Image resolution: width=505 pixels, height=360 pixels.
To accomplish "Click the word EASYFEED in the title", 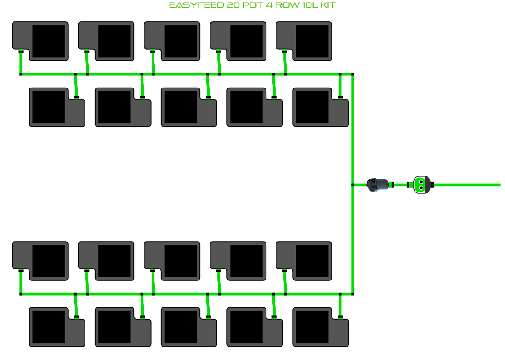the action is (197, 5).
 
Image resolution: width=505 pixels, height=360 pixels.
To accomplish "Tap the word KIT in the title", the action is (328, 5).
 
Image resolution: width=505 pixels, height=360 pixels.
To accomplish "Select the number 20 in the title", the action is (233, 5).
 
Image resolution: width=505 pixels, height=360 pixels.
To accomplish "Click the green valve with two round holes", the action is (421, 185).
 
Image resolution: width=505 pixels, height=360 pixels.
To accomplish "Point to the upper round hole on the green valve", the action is (421, 182).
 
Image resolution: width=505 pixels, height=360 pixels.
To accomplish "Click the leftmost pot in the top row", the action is (40, 41).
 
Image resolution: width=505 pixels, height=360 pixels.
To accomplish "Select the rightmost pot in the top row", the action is (304, 41).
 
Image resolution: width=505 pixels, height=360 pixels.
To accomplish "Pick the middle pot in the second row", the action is (189, 107).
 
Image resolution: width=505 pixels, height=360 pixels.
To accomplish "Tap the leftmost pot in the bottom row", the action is (57, 327).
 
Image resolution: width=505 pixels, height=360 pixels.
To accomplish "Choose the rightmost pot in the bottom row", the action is (321, 327).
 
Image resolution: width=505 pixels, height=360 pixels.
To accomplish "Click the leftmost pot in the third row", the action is (40, 261).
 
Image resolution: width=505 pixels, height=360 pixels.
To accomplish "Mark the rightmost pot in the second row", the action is (321, 107).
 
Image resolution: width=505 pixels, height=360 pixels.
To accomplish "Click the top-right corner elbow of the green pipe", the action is (353, 74).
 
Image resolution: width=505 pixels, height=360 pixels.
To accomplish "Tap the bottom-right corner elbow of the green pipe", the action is (353, 294).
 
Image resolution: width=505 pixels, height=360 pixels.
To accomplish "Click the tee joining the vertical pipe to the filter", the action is (353, 185).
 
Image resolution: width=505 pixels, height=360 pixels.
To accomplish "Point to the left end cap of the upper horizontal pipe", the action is (21, 74).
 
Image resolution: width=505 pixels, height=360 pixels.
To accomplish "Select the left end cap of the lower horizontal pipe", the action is (21, 294).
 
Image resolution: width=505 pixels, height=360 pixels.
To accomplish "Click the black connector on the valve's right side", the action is (432, 185).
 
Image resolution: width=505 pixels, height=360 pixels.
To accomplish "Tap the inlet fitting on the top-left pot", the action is (21, 51).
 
